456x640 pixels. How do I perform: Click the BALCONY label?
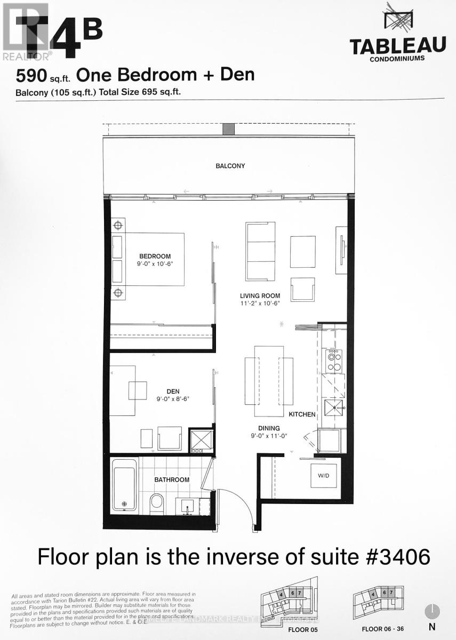click(230, 166)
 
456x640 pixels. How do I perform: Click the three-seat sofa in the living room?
click(260, 251)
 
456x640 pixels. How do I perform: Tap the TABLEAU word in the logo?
click(397, 47)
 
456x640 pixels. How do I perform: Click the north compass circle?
click(432, 611)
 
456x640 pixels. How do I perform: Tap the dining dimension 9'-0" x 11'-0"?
click(269, 437)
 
